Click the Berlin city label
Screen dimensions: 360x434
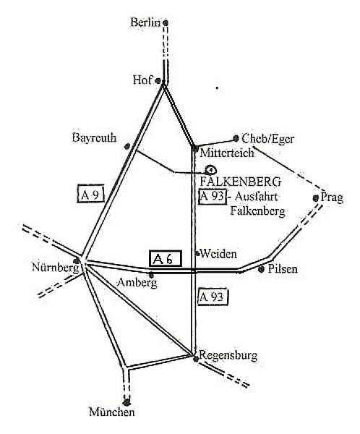(145, 22)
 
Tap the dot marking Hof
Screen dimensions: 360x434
(158, 81)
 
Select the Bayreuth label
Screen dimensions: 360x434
(95, 138)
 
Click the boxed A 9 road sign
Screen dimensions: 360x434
(90, 193)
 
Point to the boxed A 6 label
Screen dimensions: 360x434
(166, 258)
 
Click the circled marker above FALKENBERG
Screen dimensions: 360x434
(210, 169)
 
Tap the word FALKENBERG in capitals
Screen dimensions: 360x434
(241, 182)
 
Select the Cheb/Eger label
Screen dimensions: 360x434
(267, 139)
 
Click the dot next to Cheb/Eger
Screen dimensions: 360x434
(236, 138)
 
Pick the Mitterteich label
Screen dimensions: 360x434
(227, 153)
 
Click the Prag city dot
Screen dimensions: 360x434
(315, 198)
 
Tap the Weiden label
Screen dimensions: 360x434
(218, 254)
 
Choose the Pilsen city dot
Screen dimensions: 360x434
(261, 269)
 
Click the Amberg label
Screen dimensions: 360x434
(137, 283)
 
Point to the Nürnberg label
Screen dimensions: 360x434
(56, 268)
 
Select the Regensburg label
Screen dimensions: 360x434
(228, 356)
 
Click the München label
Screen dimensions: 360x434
(112, 412)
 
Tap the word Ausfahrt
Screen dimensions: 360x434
(256, 197)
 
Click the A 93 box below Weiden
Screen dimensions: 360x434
(213, 297)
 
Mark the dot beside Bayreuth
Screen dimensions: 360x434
(127, 146)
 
